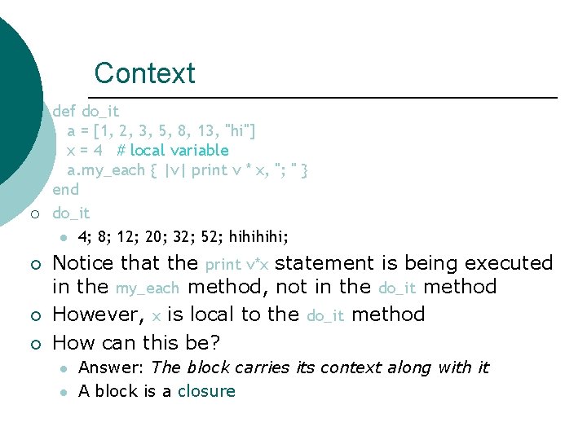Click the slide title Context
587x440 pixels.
point(144,73)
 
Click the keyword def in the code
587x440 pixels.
point(64,111)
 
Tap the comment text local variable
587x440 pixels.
point(179,150)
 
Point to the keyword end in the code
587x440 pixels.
point(65,190)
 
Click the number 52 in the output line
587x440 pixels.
point(212,237)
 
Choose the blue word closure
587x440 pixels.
point(206,391)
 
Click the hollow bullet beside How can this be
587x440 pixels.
point(33,343)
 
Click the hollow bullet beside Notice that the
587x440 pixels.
point(33,265)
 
